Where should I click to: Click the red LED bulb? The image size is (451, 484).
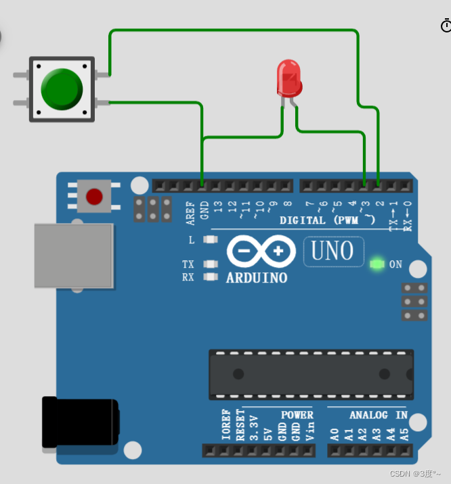[288, 77]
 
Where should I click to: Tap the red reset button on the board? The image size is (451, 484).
[94, 197]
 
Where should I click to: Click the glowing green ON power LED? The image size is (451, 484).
[377, 264]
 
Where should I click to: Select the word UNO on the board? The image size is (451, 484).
[332, 251]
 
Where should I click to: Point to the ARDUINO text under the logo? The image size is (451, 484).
[257, 278]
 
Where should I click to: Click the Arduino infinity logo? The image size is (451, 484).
[261, 252]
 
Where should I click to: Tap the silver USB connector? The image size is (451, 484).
[74, 256]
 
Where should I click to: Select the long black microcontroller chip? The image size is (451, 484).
[311, 374]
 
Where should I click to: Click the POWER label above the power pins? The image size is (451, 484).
[297, 415]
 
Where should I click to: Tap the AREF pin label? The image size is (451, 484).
[190, 212]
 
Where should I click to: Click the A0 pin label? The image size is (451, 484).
[334, 433]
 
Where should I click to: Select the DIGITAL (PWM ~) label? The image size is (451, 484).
[328, 220]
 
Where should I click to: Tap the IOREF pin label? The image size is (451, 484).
[226, 425]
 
